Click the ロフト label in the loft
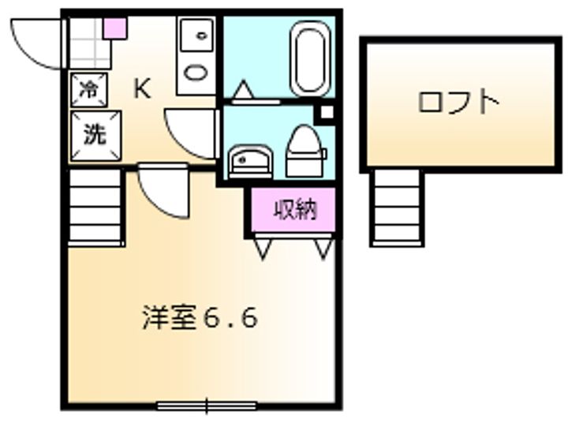point(458,103)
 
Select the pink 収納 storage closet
point(294,210)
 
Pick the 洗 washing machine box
point(93,133)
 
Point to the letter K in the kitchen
point(142,89)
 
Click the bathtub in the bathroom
point(310,59)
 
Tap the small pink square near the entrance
point(115,29)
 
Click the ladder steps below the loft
point(398,208)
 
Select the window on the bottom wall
point(207,406)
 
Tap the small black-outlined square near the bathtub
point(324,113)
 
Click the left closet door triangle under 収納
point(262,248)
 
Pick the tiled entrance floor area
point(88,43)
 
